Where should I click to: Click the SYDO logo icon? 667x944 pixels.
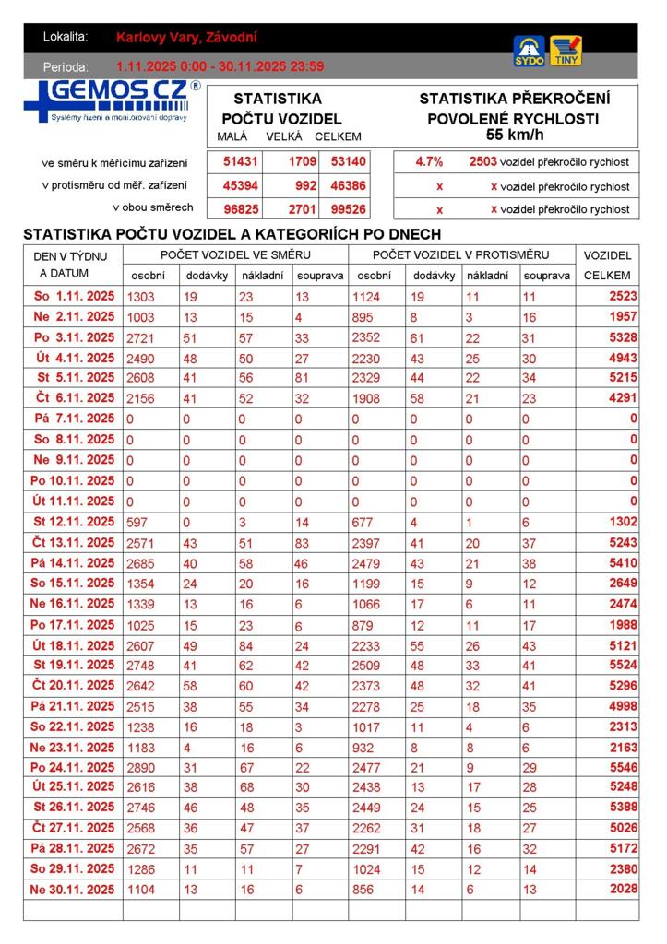[529, 51]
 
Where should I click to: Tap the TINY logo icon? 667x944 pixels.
[566, 51]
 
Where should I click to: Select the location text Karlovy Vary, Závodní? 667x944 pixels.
[187, 38]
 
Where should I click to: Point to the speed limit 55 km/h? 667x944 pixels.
[514, 135]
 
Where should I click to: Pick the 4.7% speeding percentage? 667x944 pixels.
[429, 162]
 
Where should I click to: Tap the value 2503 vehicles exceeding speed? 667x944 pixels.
[482, 162]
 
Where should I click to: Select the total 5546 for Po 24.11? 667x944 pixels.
[618, 767]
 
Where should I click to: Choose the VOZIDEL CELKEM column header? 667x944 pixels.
[607, 265]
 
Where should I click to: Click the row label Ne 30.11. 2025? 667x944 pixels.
[73, 889]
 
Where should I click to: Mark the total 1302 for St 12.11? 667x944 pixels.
[618, 522]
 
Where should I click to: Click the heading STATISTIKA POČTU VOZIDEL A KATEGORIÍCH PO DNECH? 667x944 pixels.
[232, 234]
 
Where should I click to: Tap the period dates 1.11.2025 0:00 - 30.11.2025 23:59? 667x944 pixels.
[220, 66]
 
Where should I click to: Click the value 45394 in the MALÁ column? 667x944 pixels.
[240, 185]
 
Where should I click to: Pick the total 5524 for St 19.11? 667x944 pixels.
[618, 665]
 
